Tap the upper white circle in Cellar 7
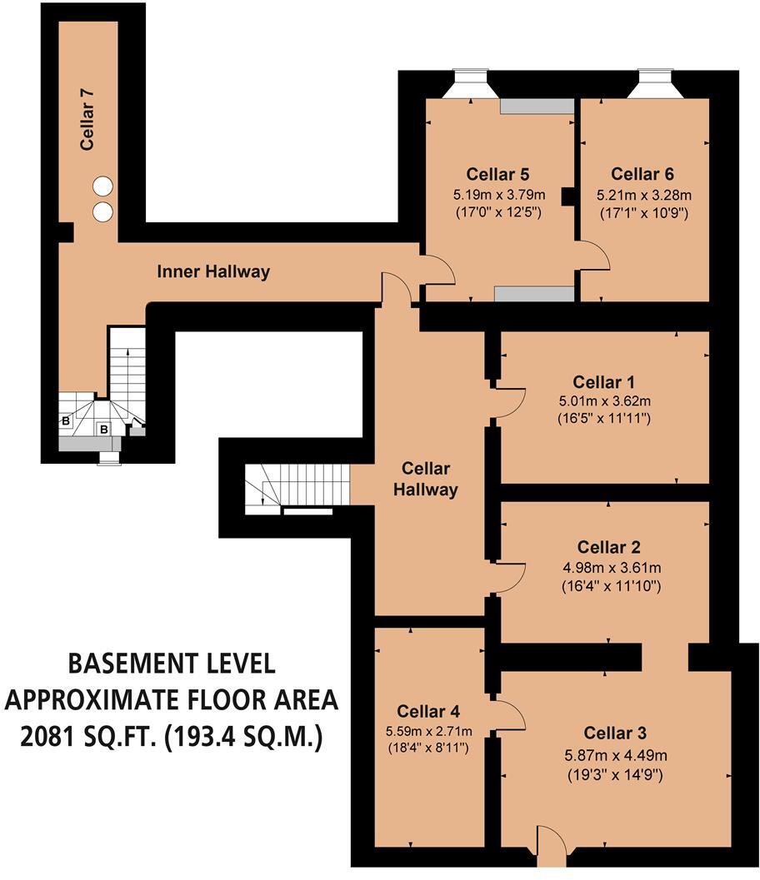click(x=102, y=186)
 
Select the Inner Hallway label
click(x=213, y=271)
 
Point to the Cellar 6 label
click(x=642, y=174)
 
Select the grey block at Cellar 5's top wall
click(x=537, y=107)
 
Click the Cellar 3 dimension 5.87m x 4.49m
click(x=615, y=756)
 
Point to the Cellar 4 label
click(x=427, y=711)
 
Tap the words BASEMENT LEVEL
click(x=171, y=664)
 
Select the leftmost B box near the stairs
click(x=66, y=421)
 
